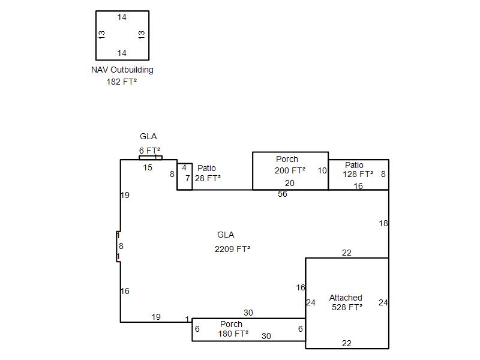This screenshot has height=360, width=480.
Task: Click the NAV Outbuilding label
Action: click(x=122, y=70)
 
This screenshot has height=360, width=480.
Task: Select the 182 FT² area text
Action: click(x=122, y=82)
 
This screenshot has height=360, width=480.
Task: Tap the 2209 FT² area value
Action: click(x=232, y=249)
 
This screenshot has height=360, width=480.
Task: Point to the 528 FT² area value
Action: click(x=347, y=307)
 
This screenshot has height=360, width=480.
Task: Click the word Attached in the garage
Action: click(x=346, y=298)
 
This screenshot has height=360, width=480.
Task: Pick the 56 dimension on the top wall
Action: click(x=283, y=194)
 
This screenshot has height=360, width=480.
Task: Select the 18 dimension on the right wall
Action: click(x=383, y=223)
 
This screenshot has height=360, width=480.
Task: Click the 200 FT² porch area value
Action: click(x=290, y=170)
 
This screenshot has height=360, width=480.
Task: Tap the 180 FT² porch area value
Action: click(x=233, y=334)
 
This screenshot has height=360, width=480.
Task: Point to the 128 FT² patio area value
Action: click(x=358, y=174)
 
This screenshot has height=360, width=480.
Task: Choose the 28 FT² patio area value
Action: click(x=208, y=178)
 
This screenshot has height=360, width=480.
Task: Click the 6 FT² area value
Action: click(x=149, y=151)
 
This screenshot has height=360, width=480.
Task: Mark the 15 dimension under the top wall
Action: click(x=148, y=167)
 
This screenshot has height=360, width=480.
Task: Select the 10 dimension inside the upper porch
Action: click(x=322, y=170)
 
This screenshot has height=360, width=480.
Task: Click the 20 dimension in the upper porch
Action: click(x=290, y=183)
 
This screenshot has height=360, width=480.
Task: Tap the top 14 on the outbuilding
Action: click(x=122, y=17)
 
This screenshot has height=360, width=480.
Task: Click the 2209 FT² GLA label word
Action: click(x=226, y=235)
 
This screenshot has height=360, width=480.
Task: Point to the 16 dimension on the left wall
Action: click(x=125, y=291)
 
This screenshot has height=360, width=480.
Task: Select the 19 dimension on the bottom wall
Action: click(x=156, y=317)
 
